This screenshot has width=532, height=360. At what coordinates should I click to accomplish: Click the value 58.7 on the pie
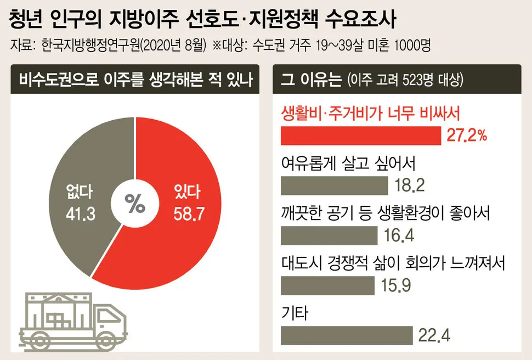[189, 213]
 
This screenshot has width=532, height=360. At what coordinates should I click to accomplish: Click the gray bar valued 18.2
[335, 185]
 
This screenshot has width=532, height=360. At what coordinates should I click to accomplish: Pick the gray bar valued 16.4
[329, 235]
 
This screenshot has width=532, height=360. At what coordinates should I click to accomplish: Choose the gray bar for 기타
[346, 335]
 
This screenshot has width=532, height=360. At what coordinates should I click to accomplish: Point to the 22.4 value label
[434, 335]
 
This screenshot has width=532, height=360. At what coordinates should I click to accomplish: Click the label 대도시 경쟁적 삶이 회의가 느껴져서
[392, 263]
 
